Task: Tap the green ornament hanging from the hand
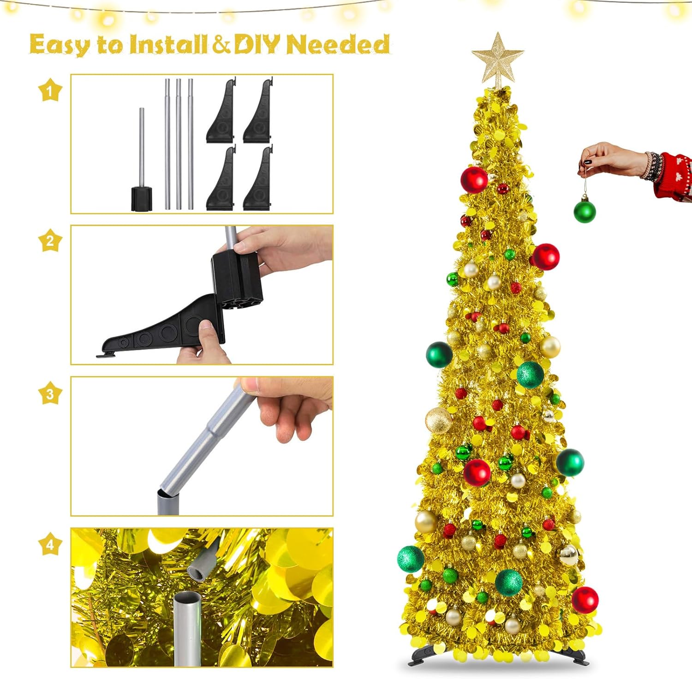point(585,210)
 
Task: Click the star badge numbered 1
point(50,90)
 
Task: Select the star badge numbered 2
point(50,240)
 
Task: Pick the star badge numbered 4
point(50,544)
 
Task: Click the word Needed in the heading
point(338,44)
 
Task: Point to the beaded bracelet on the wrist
point(651,166)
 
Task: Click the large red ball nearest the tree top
point(474,179)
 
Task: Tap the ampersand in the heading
point(221,45)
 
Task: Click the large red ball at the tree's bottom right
point(585,600)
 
